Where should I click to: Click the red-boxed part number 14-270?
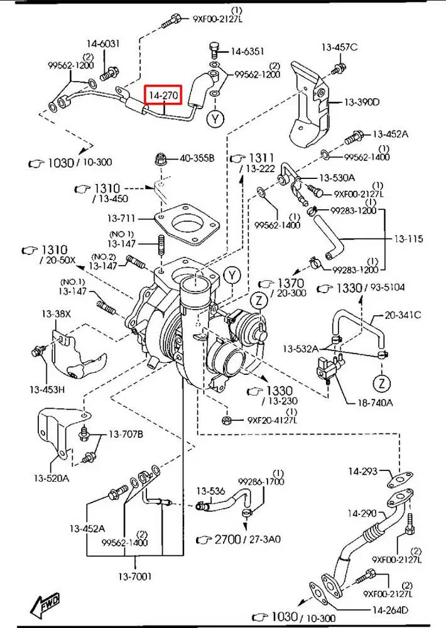[163, 95]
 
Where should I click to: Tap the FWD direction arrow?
[45, 603]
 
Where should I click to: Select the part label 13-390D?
[361, 102]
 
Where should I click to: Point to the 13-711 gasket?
[187, 224]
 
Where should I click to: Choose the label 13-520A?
[52, 478]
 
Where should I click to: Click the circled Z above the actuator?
[259, 300]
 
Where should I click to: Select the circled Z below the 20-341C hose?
[381, 383]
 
